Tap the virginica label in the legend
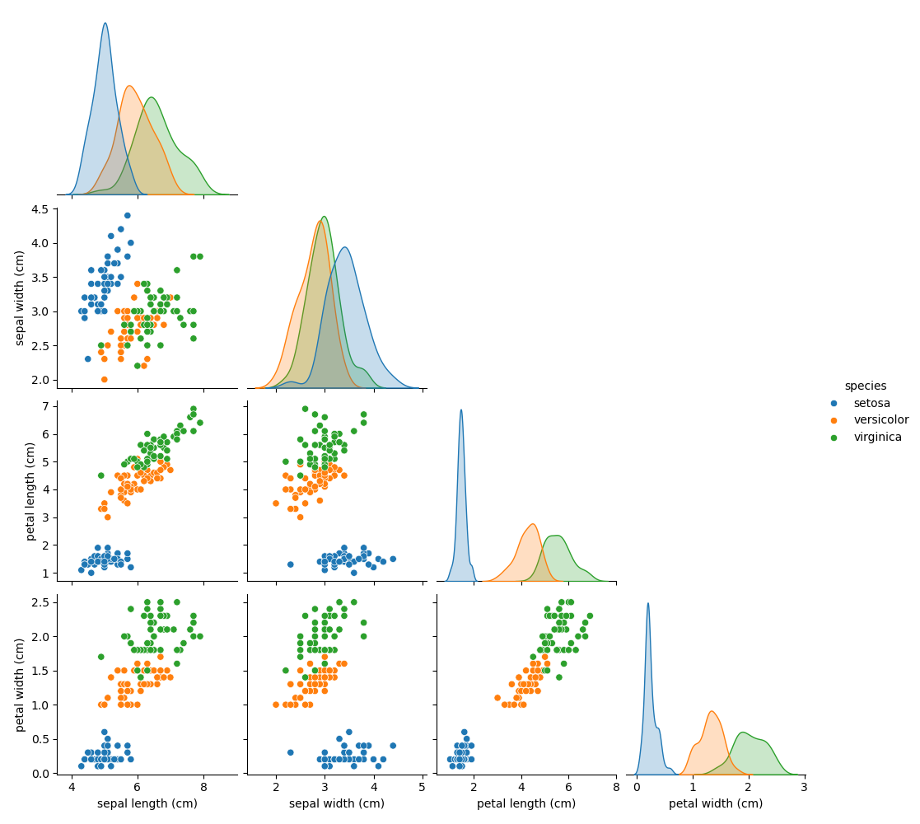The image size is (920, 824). (876, 438)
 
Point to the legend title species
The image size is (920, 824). (865, 386)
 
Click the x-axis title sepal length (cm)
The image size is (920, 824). (147, 804)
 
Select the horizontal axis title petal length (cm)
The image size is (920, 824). (526, 804)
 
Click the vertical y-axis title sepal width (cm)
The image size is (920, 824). (21, 297)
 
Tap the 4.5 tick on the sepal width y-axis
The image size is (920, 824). (40, 208)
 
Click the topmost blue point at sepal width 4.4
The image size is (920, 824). (127, 215)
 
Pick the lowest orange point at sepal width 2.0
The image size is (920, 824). (104, 379)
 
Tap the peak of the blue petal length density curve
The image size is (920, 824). (461, 410)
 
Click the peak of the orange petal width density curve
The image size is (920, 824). (712, 711)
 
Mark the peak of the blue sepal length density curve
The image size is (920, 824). (105, 23)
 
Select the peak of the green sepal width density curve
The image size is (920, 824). (325, 217)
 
